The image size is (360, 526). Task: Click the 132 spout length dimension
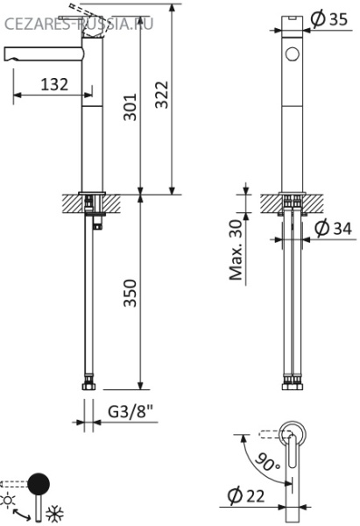[54, 84]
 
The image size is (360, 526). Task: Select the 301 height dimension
[131, 106]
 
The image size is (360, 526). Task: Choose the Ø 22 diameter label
[249, 496]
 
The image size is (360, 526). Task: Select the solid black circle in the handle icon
[39, 483]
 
